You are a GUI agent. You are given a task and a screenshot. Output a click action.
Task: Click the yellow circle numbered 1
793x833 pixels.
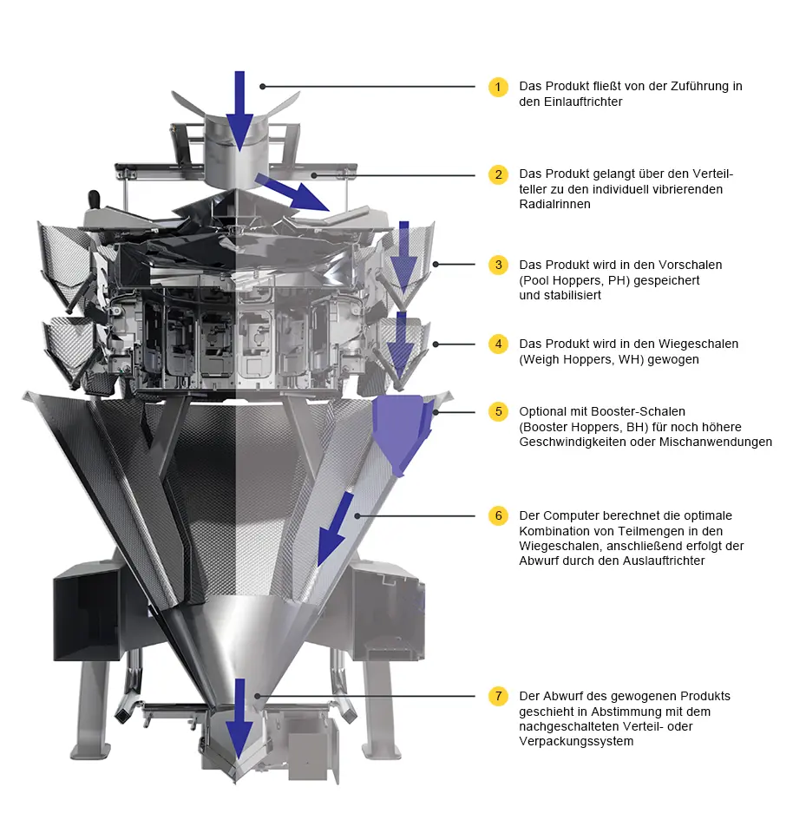click(x=498, y=87)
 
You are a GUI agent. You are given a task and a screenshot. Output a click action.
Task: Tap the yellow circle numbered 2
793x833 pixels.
click(x=498, y=174)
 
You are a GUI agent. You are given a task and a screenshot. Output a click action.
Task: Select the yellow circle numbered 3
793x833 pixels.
click(x=498, y=265)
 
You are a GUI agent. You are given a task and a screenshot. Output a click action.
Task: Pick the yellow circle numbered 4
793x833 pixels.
click(x=498, y=344)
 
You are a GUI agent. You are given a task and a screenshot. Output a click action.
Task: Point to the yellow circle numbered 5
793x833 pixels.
click(x=498, y=411)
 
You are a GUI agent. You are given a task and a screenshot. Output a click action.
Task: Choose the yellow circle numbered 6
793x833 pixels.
click(x=498, y=515)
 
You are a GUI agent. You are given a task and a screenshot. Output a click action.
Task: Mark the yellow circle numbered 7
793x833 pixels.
click(x=498, y=696)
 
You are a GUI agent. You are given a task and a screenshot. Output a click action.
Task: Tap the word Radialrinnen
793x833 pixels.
click(x=554, y=204)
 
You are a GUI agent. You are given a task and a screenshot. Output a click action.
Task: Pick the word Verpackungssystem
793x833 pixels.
click(x=576, y=741)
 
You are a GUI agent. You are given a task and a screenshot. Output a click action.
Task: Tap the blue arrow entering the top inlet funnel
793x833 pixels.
click(x=239, y=111)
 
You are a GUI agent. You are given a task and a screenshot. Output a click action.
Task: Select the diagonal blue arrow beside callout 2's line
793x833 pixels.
click(x=292, y=192)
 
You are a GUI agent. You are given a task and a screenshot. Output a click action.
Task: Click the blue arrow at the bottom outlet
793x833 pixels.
click(x=239, y=718)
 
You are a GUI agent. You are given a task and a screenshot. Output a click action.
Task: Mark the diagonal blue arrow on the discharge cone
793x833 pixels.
click(x=335, y=529)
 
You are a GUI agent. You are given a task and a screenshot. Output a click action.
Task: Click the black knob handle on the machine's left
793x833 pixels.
click(x=94, y=200)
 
